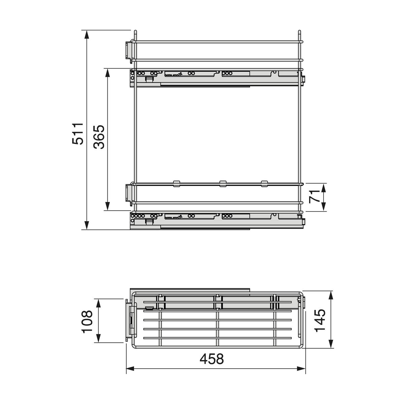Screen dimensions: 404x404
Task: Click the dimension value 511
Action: pyautogui.click(x=77, y=134)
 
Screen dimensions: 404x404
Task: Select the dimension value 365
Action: pyautogui.click(x=99, y=137)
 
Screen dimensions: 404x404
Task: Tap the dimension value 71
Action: pyautogui.click(x=314, y=196)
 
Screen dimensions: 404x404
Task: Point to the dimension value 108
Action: pyautogui.click(x=87, y=322)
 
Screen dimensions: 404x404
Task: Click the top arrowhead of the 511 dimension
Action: pyautogui.click(x=87, y=35)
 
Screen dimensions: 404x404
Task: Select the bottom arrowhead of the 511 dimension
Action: pyautogui.click(x=87, y=225)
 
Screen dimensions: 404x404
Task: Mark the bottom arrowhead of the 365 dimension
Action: pyautogui.click(x=107, y=206)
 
